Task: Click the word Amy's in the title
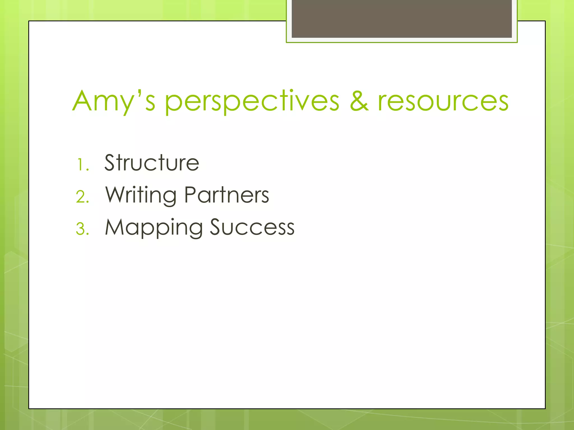pos(114,101)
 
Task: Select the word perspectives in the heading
pos(252,101)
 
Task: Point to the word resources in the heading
pos(443,101)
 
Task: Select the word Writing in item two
pos(141,195)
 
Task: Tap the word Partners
pos(226,195)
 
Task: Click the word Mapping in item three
pos(154,228)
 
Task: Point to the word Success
pos(252,227)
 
